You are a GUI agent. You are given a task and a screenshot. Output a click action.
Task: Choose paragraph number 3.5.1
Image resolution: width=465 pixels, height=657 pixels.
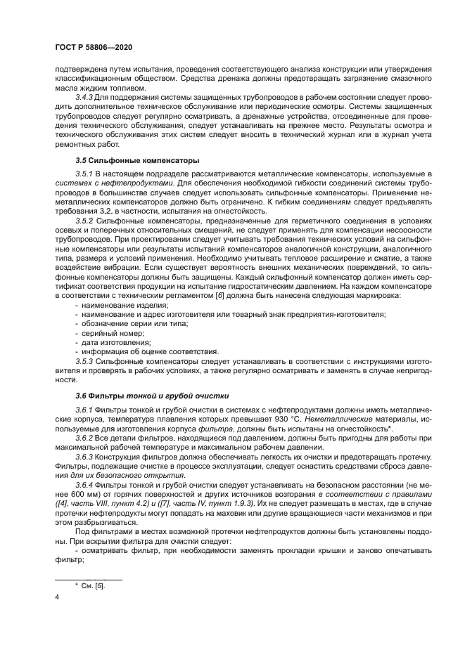coord(84,173)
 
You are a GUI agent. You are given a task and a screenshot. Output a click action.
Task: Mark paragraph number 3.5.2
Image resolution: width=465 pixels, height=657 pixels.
coord(85,221)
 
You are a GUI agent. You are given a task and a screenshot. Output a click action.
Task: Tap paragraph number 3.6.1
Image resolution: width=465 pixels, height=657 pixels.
coord(84,410)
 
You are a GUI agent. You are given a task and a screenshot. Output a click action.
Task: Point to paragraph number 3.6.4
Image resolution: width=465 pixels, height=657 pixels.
coord(85,485)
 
